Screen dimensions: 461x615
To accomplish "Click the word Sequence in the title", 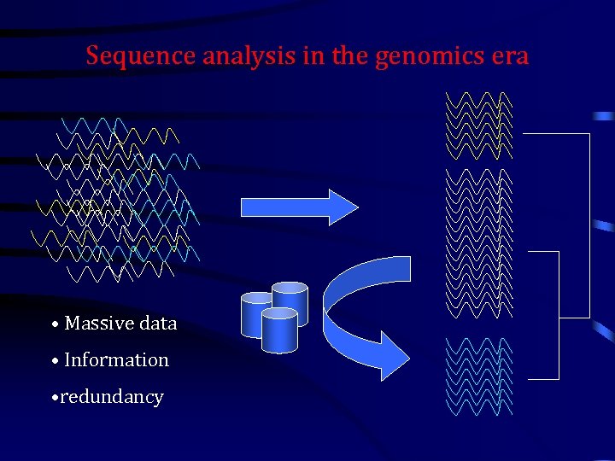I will (x=141, y=56).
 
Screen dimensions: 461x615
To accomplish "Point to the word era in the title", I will (x=509, y=56).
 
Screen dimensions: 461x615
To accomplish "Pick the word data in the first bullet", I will (x=158, y=324).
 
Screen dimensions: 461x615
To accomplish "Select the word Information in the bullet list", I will (x=116, y=360).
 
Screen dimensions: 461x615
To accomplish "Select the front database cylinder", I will (x=279, y=330).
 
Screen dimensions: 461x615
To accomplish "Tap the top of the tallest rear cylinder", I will (x=290, y=288).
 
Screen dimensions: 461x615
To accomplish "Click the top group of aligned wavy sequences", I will (x=479, y=125).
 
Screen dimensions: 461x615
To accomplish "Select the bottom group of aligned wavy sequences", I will (x=479, y=376).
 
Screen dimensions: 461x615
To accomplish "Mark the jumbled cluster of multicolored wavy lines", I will (x=115, y=201).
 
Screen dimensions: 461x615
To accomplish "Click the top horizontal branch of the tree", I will (x=555, y=134).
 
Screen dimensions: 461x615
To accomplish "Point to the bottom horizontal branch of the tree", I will (x=543, y=378).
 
